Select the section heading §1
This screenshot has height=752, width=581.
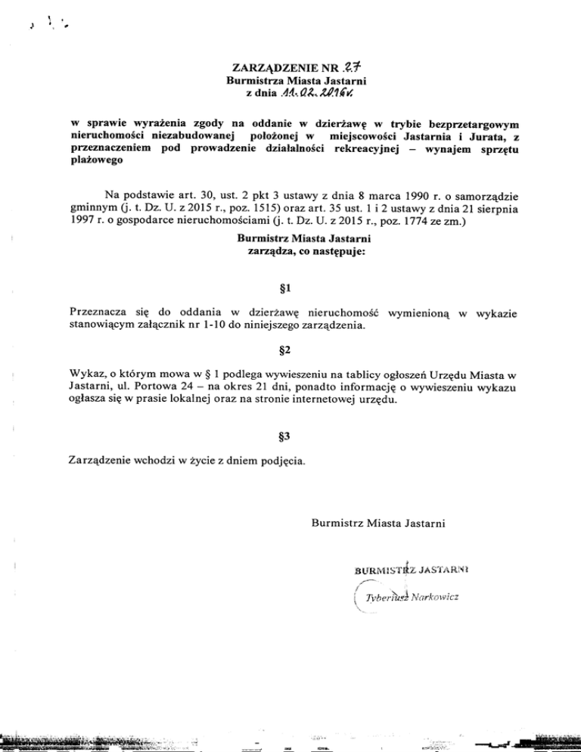(x=291, y=288)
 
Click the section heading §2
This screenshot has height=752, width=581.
(x=291, y=352)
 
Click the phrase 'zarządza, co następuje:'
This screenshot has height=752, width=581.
(x=291, y=252)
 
